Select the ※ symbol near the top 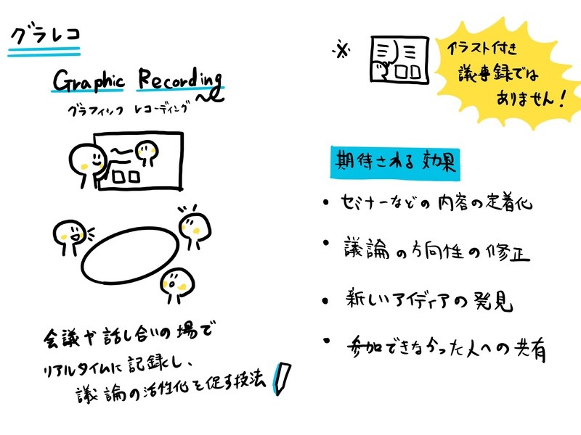(x=341, y=50)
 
